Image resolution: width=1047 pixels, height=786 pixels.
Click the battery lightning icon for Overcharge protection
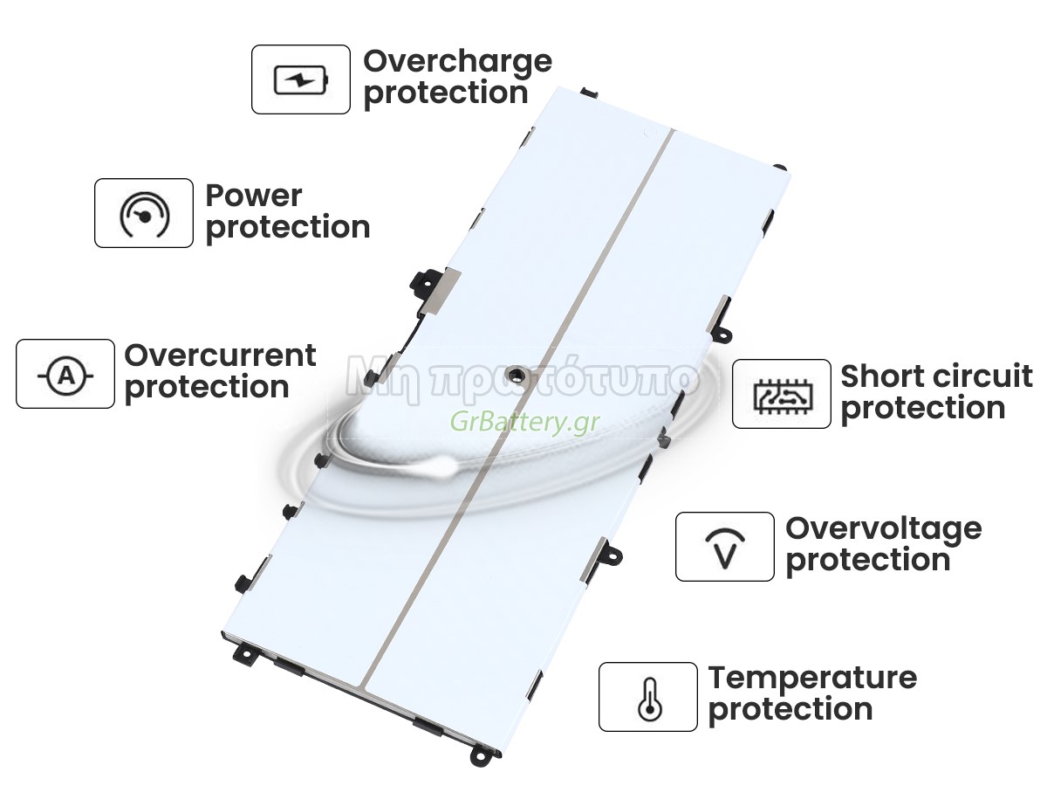(x=301, y=79)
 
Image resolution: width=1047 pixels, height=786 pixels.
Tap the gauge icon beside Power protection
(x=144, y=214)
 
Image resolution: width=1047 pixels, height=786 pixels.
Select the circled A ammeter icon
(x=65, y=376)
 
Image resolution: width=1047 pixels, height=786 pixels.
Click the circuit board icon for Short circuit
(x=783, y=396)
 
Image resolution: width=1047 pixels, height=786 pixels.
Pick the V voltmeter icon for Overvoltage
(x=725, y=548)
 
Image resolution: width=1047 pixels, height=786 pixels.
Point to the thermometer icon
(x=649, y=700)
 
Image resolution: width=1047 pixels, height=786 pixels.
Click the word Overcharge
(x=457, y=63)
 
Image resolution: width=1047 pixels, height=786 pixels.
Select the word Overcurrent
(x=220, y=355)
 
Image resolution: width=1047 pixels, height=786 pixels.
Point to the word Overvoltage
(x=883, y=531)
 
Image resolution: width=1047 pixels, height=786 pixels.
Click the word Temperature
(x=812, y=679)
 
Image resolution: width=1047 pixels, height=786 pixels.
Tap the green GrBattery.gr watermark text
(x=524, y=422)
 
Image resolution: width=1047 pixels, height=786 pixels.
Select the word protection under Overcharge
(x=446, y=94)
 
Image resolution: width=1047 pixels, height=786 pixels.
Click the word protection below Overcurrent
(x=207, y=388)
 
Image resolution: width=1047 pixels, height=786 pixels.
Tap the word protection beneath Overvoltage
(x=867, y=562)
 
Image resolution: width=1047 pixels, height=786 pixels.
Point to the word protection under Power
(x=288, y=228)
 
